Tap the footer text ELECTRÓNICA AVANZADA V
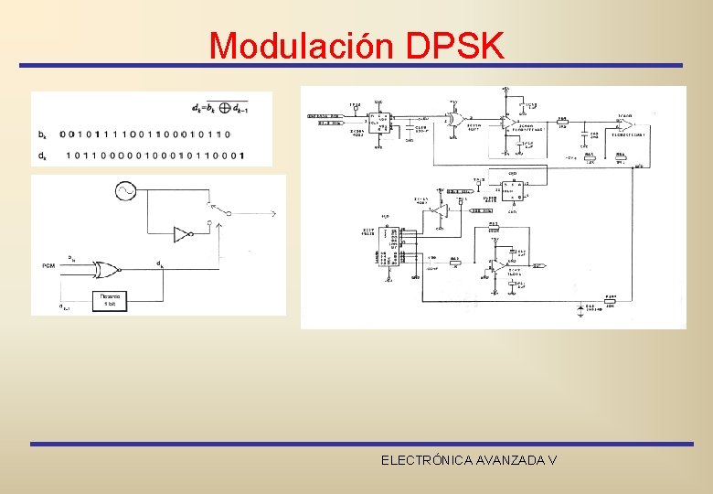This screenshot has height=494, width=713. coord(469,460)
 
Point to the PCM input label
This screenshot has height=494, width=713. coord(48,265)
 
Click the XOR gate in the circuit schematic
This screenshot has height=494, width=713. coord(455,119)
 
